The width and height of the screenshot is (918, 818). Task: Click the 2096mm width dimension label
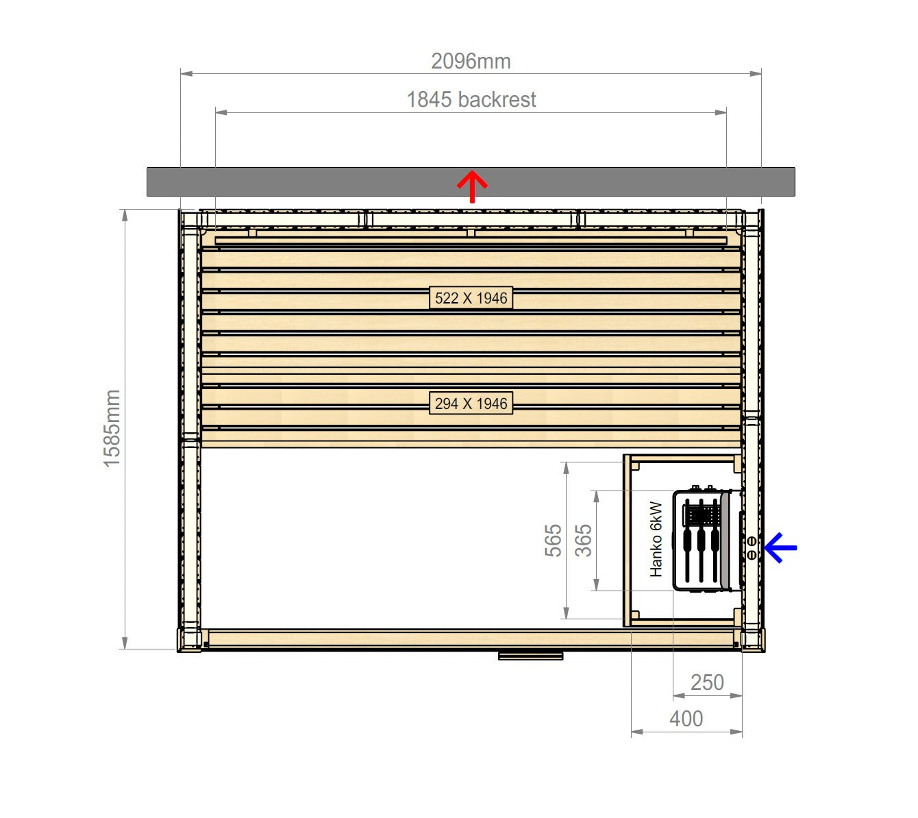(x=471, y=61)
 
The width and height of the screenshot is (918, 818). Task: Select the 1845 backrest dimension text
(x=471, y=100)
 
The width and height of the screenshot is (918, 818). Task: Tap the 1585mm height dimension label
(x=112, y=428)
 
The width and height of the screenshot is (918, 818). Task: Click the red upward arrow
(x=472, y=186)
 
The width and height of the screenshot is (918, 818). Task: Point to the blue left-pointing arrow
(x=780, y=547)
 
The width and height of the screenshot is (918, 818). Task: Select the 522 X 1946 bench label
(x=471, y=298)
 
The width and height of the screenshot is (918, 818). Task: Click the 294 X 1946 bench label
(x=471, y=404)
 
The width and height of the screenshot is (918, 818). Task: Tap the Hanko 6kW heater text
(x=656, y=539)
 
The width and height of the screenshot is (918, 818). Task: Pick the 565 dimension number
(x=554, y=541)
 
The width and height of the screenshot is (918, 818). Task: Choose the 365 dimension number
(x=583, y=541)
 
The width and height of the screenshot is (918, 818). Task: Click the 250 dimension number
(x=707, y=682)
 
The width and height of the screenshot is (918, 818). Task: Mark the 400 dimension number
(x=686, y=719)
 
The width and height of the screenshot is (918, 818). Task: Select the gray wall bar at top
(x=471, y=182)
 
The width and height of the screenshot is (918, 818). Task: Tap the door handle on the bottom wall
(x=531, y=656)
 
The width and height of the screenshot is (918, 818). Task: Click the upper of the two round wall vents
(x=752, y=541)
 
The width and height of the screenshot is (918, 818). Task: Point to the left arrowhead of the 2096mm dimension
(x=186, y=73)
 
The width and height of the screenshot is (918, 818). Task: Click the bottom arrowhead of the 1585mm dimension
(x=125, y=643)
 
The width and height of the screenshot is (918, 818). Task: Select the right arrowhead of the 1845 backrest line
(x=721, y=112)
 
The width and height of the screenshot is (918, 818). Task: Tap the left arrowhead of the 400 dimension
(x=637, y=732)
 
